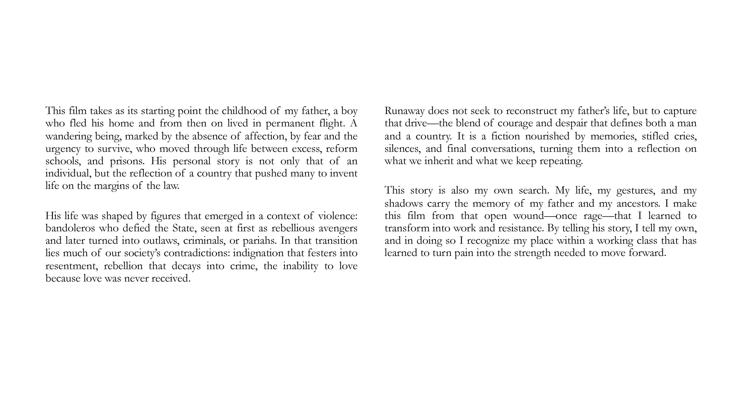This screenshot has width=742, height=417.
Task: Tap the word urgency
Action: tap(63, 149)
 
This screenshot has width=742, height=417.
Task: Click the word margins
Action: tap(112, 186)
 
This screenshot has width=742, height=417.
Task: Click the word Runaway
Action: tap(404, 111)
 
